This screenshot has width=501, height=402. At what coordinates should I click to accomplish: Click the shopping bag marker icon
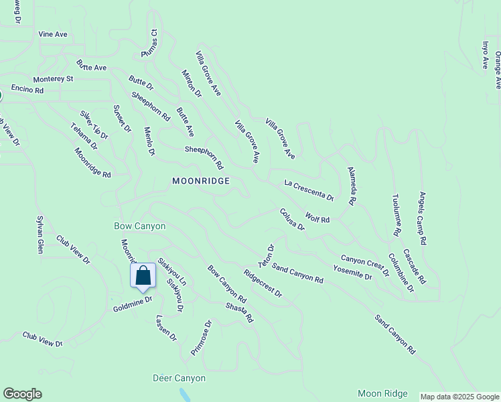point(143,275)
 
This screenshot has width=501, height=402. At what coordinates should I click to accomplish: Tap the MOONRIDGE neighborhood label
point(201,181)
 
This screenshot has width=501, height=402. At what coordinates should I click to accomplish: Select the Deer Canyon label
point(179,379)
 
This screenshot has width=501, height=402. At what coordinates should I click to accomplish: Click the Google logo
point(22,394)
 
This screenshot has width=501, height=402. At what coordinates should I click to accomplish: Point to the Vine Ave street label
point(53,33)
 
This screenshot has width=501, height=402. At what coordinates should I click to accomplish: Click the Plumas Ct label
point(149,43)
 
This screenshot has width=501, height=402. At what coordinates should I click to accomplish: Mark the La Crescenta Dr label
point(309,190)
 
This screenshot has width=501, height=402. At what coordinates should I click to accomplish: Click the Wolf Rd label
point(317,218)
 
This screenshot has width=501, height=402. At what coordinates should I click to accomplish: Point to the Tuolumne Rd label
point(395,214)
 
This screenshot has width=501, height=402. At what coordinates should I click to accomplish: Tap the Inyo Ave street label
point(486,55)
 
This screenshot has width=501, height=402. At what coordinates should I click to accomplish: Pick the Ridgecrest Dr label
point(263,283)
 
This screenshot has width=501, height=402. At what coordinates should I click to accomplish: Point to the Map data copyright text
point(459,397)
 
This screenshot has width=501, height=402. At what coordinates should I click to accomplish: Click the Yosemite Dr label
point(352,272)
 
